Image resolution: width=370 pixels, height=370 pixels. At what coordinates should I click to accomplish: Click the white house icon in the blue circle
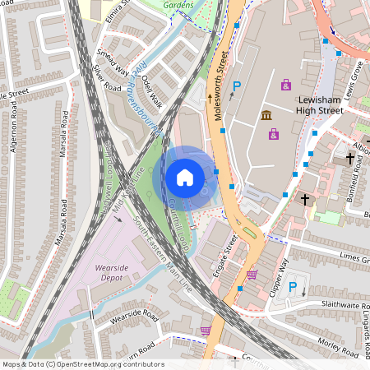[185, 177]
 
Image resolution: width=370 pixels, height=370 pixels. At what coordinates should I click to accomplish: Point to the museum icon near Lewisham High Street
[266, 115]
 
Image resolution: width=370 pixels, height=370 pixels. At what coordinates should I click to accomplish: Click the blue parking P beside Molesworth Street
[238, 86]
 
